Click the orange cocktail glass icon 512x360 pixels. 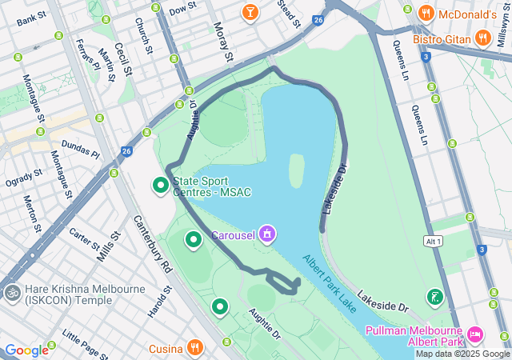click(250, 12)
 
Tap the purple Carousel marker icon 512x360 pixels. click(267, 234)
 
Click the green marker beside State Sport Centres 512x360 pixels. click(161, 186)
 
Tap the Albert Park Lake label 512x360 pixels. click(329, 283)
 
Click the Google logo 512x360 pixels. click(26, 350)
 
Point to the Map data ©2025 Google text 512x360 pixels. click(462, 354)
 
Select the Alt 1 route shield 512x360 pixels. click(434, 241)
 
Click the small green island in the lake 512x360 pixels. click(296, 170)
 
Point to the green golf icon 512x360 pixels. click(434, 298)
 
